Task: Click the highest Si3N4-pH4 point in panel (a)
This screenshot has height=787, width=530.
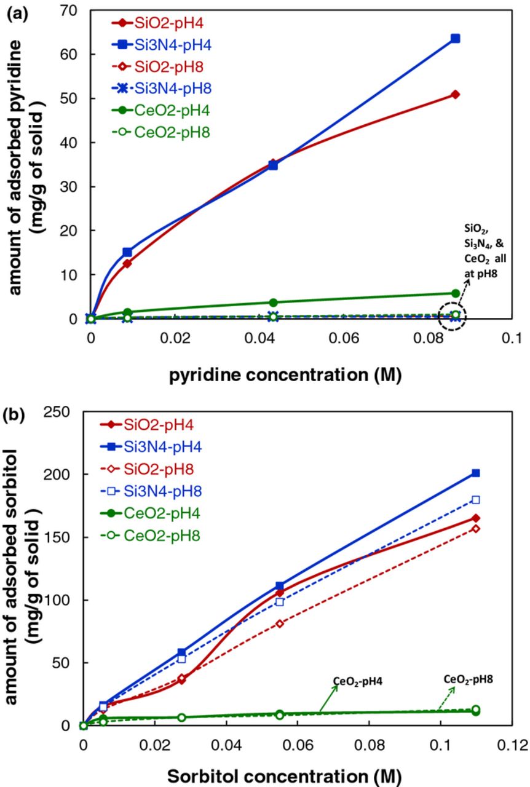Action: coord(455,38)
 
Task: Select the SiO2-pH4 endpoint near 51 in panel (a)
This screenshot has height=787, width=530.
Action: coord(455,94)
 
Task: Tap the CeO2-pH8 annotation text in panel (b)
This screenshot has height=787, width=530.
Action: coord(469,679)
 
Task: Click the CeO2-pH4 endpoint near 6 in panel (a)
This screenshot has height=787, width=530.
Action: coord(455,293)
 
